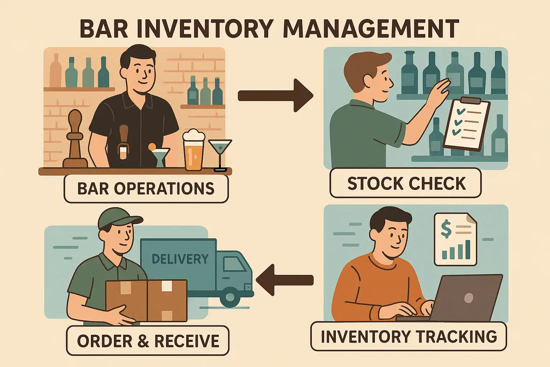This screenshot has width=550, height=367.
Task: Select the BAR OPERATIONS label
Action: pyautogui.click(x=146, y=189)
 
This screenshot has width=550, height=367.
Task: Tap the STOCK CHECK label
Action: pyautogui.click(x=406, y=183)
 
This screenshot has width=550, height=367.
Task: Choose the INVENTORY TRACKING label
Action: pyautogui.click(x=409, y=337)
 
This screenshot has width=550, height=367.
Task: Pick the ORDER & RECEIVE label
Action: pyautogui.click(x=148, y=341)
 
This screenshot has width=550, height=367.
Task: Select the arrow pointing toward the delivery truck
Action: pyautogui.click(x=284, y=280)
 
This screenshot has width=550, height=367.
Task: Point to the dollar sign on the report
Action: pyautogui.click(x=446, y=229)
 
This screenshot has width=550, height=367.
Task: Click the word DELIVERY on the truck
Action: pyautogui.click(x=180, y=259)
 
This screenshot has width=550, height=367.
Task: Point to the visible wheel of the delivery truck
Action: pyautogui.click(x=229, y=297)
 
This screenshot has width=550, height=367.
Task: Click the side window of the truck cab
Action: pyautogui.click(x=233, y=264)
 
